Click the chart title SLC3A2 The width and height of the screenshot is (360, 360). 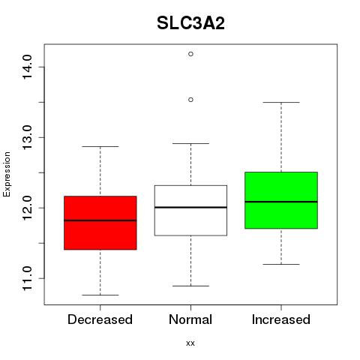click(x=190, y=23)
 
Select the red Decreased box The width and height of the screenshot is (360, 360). click(x=100, y=223)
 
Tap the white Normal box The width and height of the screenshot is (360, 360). click(x=190, y=211)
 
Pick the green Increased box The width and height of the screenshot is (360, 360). click(x=281, y=200)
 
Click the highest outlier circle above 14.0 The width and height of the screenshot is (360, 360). click(x=190, y=54)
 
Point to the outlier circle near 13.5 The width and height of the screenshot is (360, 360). click(x=190, y=100)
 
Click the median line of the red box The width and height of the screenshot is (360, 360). click(x=100, y=220)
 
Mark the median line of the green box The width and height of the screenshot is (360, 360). click(x=281, y=202)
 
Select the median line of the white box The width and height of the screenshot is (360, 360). click(x=190, y=207)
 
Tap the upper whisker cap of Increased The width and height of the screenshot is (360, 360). click(x=281, y=102)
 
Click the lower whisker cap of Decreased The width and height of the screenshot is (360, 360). click(x=100, y=295)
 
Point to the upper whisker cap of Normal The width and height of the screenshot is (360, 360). click(x=190, y=143)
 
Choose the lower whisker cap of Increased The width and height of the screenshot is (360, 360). click(x=281, y=264)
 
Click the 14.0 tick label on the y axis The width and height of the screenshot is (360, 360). click(x=27, y=67)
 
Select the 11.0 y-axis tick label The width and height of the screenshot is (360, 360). click(x=27, y=278)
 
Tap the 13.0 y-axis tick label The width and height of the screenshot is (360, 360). click(x=27, y=137)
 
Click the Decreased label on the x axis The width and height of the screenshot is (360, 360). click(x=100, y=319)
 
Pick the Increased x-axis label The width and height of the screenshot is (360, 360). click(x=281, y=319)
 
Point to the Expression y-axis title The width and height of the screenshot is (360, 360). click(x=7, y=174)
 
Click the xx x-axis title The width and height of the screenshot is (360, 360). click(x=190, y=343)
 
